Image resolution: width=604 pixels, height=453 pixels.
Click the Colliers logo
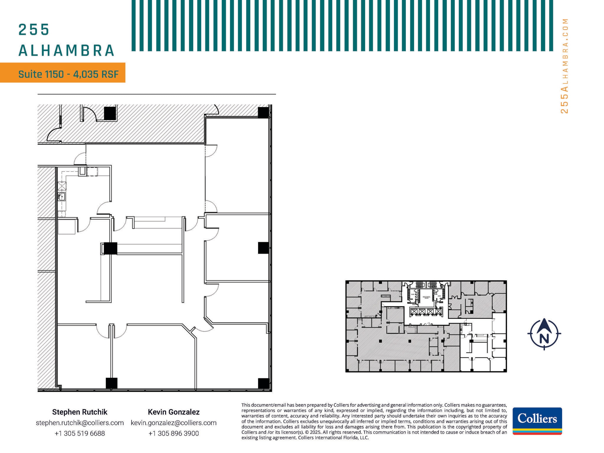[x=537, y=421]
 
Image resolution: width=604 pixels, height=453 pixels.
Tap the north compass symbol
[x=544, y=334]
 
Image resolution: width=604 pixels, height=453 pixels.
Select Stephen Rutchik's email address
[x=80, y=423]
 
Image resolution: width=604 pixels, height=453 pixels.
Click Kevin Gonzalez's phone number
[x=173, y=433]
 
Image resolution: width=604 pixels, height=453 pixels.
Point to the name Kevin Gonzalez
[x=173, y=412]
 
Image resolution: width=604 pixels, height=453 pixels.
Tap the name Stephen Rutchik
[x=80, y=412]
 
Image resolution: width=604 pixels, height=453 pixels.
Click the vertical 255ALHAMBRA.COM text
[x=564, y=66]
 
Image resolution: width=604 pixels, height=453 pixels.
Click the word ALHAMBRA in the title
[x=67, y=50]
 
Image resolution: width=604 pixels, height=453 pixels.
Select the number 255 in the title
[x=34, y=30]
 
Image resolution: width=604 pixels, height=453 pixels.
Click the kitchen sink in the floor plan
[x=62, y=196]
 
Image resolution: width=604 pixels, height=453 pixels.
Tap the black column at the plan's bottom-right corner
[x=263, y=383]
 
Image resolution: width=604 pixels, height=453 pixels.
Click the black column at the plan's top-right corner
[x=263, y=112]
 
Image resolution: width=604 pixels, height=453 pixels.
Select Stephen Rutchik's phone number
[x=80, y=433]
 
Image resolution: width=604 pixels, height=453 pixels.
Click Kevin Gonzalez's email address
[x=173, y=423]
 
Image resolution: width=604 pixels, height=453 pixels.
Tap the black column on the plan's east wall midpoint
[x=263, y=248]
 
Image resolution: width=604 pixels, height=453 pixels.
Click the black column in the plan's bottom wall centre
[x=111, y=383]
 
